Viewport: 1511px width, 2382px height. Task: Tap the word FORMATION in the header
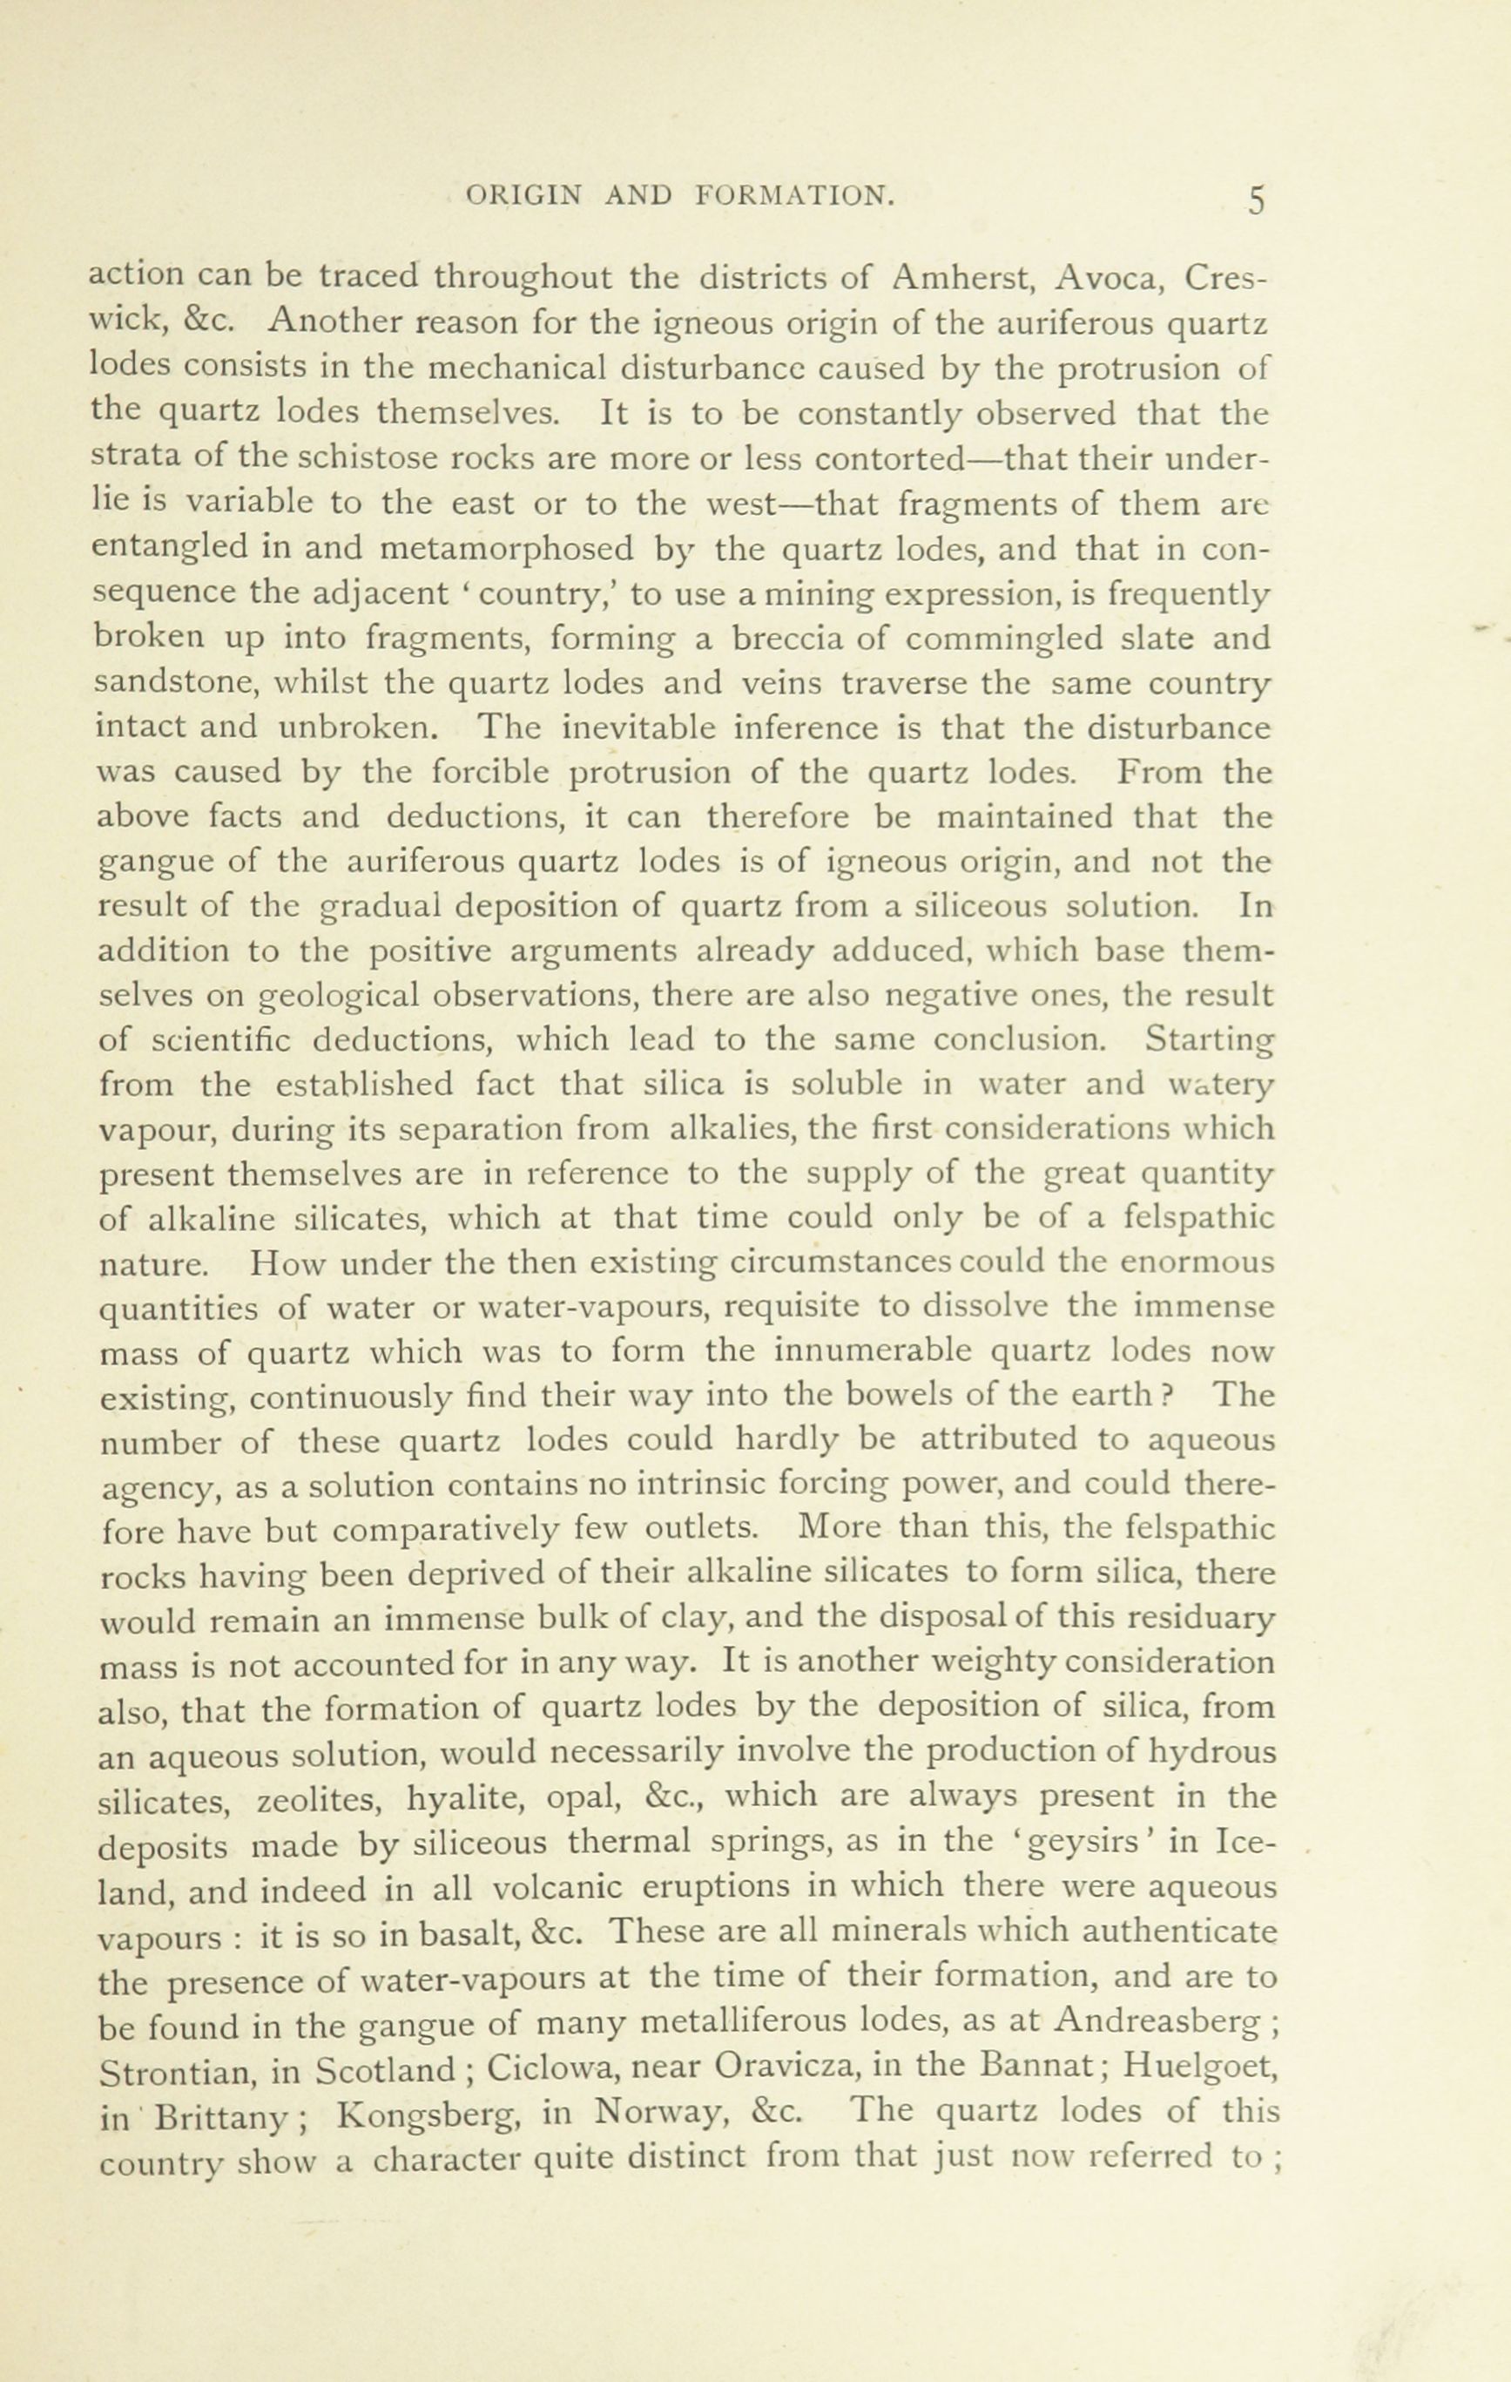pyautogui.click(x=796, y=196)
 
